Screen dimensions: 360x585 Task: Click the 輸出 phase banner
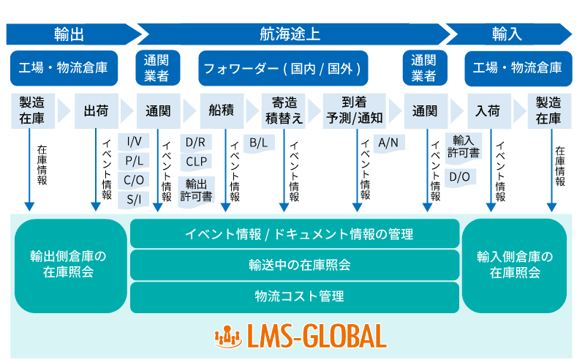(x=69, y=34)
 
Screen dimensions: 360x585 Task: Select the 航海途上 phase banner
(x=290, y=34)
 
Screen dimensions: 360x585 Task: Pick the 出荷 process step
(x=96, y=111)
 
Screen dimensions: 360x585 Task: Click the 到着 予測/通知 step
(x=354, y=111)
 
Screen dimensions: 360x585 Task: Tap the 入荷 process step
(x=488, y=111)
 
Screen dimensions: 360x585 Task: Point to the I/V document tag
(x=134, y=141)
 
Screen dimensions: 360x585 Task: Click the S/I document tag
(x=134, y=198)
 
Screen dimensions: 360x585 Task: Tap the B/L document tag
(x=258, y=143)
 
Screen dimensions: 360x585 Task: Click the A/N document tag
(x=387, y=142)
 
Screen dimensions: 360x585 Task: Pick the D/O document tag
(x=459, y=176)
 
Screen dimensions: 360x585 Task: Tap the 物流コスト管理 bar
(x=295, y=296)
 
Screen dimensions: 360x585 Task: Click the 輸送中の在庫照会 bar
(x=295, y=265)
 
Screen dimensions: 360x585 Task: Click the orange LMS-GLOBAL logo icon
(x=227, y=337)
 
